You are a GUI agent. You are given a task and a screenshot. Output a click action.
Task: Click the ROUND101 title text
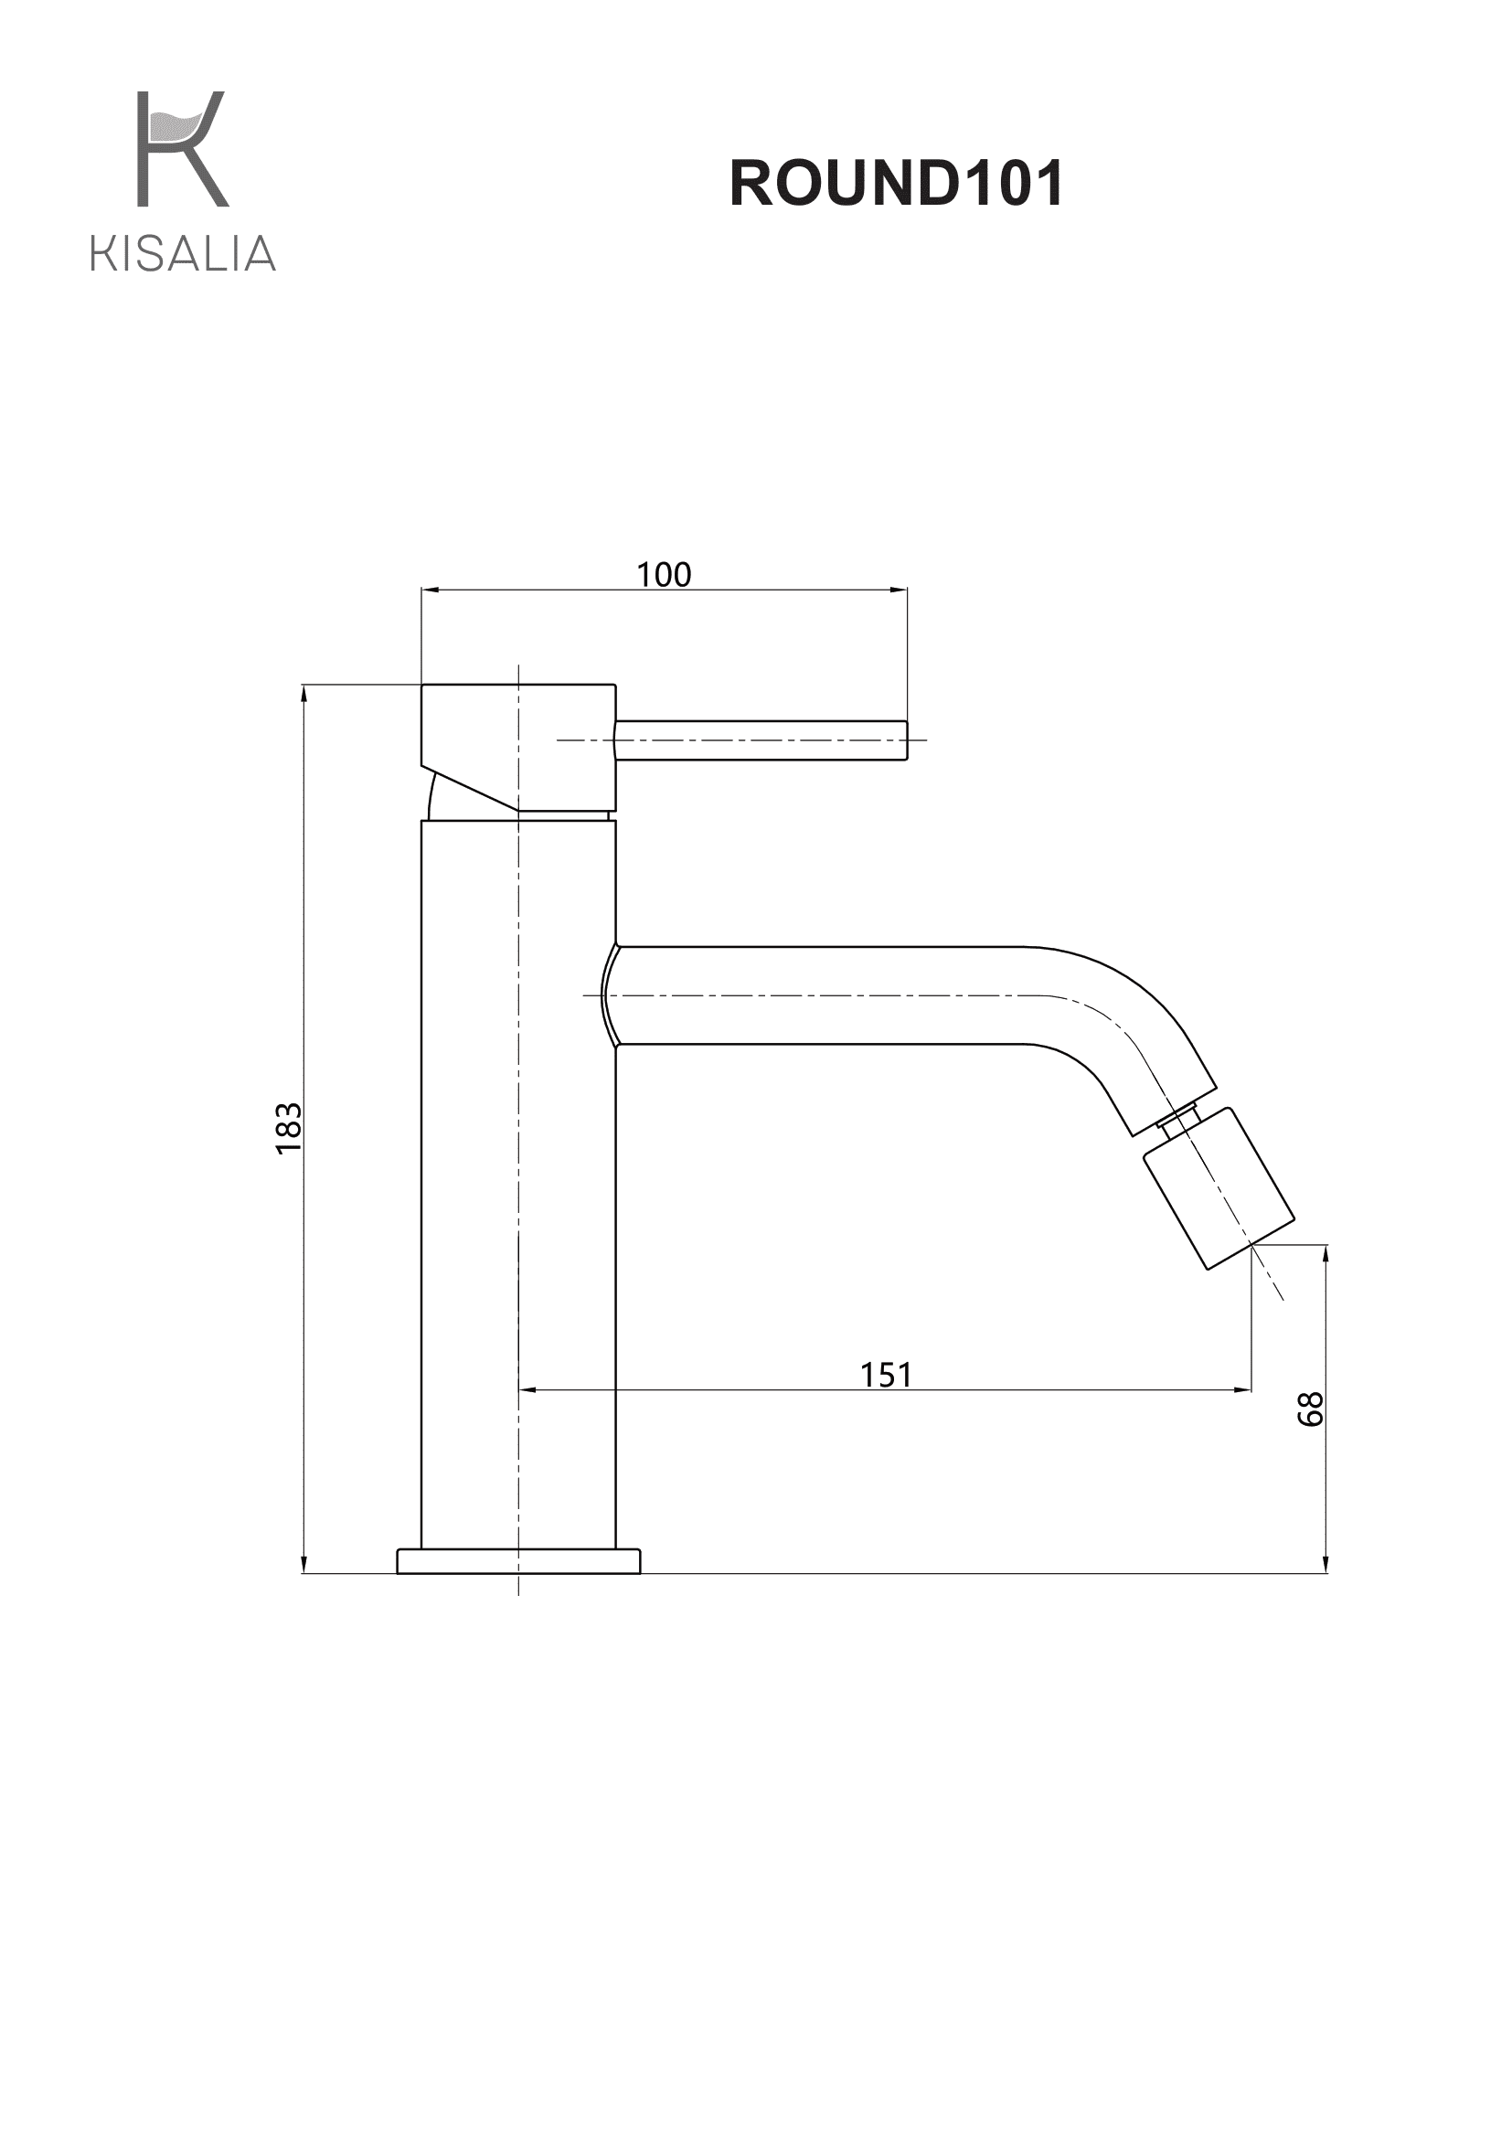[897, 183]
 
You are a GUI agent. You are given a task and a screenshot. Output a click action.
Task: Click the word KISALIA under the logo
[184, 253]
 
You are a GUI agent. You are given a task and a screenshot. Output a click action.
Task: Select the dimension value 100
[664, 575]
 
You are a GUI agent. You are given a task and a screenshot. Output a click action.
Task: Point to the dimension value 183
[290, 1129]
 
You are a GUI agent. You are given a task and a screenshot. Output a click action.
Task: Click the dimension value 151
[886, 1375]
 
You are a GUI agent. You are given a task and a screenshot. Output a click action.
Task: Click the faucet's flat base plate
[518, 1561]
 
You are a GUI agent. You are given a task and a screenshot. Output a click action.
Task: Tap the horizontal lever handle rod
[761, 740]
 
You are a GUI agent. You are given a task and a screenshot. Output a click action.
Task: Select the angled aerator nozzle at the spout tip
[1219, 1188]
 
